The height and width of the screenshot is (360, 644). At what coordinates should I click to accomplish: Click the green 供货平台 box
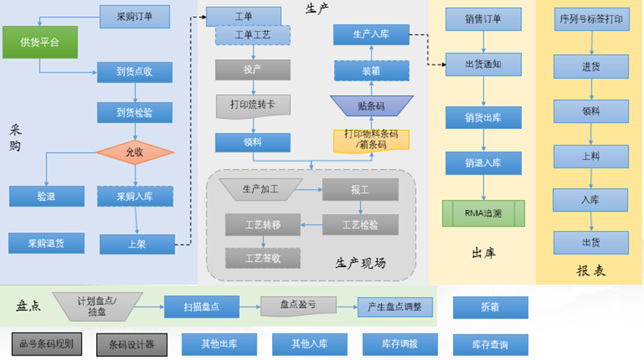point(39,43)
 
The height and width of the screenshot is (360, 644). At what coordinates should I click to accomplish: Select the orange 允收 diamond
point(135,152)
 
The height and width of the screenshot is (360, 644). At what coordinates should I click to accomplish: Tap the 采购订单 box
point(134,16)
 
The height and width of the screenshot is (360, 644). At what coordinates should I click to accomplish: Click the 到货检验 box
point(135,112)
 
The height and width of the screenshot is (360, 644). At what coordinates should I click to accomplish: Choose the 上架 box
point(135,244)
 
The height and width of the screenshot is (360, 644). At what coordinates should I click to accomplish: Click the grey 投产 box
point(253,69)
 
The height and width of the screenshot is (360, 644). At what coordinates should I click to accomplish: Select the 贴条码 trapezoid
point(371,105)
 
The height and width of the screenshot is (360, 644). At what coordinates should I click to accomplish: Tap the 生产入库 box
point(371,34)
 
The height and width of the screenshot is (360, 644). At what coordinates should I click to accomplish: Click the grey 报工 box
point(360,189)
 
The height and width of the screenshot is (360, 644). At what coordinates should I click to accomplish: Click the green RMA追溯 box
point(483,213)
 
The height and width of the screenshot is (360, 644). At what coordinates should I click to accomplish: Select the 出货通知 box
point(483,64)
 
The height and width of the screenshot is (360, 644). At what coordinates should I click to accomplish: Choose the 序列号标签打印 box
point(591,20)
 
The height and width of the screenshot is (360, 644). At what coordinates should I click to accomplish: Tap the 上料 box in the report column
point(591,155)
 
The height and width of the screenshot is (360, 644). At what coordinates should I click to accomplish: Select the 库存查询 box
point(490,345)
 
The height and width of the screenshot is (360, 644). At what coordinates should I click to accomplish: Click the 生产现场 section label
point(361,262)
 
